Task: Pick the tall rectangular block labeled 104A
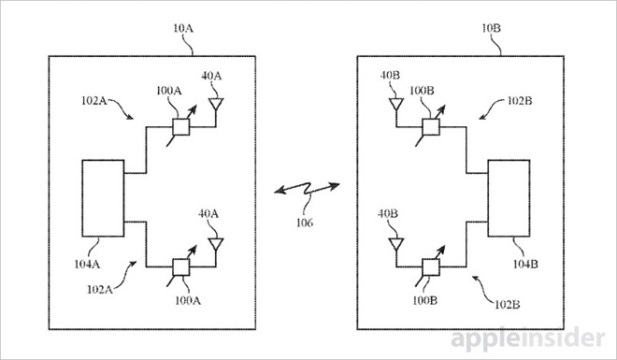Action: pyautogui.click(x=102, y=198)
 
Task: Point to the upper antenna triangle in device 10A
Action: pyautogui.click(x=216, y=106)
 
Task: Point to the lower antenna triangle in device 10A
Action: pyautogui.click(x=217, y=245)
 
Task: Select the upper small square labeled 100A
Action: pyautogui.click(x=181, y=127)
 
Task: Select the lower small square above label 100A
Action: pyautogui.click(x=181, y=266)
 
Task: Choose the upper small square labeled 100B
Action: pyautogui.click(x=431, y=127)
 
